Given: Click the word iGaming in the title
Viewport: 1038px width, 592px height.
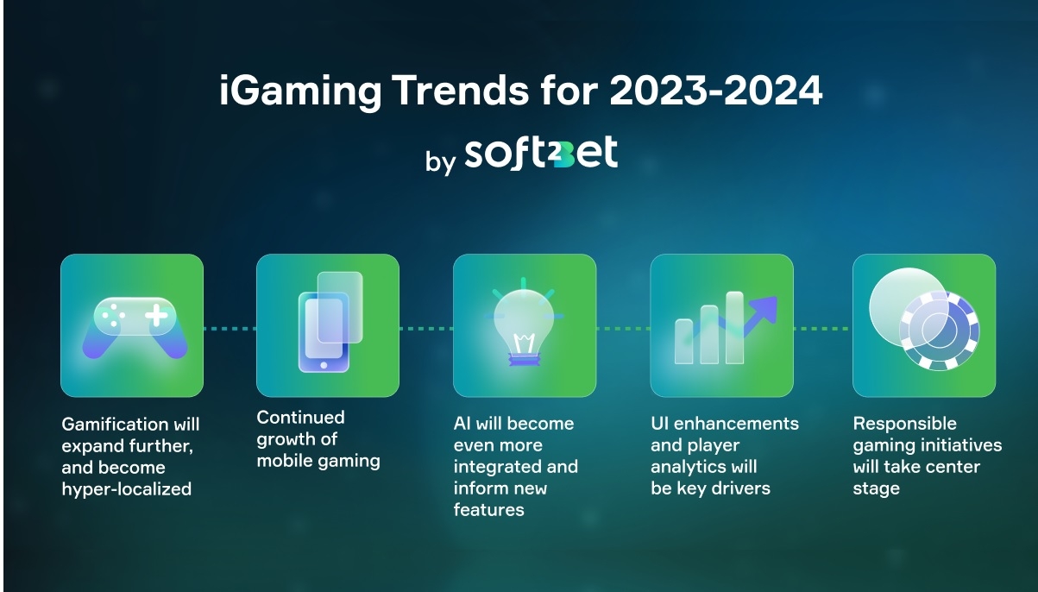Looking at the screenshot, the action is [x=299, y=91].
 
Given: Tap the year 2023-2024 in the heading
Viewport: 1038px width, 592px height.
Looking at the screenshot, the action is [x=715, y=90].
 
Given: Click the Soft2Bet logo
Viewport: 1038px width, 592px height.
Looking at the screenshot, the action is [x=541, y=153].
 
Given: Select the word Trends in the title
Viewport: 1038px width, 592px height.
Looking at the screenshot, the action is [x=461, y=90].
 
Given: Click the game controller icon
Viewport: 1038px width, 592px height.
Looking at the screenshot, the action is [x=135, y=328].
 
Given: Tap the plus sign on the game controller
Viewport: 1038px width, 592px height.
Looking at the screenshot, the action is [x=157, y=315].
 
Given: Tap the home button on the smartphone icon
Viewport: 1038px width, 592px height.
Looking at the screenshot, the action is [x=324, y=365].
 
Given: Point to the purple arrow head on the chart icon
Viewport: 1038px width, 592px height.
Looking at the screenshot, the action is [x=764, y=309].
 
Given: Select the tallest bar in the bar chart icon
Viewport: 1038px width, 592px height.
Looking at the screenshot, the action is [x=734, y=328].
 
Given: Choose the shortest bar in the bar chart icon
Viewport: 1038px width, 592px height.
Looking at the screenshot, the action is [x=683, y=341].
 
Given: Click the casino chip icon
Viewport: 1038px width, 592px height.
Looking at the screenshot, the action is [x=940, y=331].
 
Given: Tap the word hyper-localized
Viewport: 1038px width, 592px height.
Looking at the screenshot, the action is [x=127, y=489].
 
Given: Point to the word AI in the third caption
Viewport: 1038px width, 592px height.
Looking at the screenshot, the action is [x=462, y=423].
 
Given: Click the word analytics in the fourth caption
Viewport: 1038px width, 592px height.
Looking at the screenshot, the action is [x=689, y=467].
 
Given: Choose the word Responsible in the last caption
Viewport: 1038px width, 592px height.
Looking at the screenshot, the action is [x=905, y=424].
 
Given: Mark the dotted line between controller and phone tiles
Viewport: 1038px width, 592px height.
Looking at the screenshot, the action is [x=230, y=329].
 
